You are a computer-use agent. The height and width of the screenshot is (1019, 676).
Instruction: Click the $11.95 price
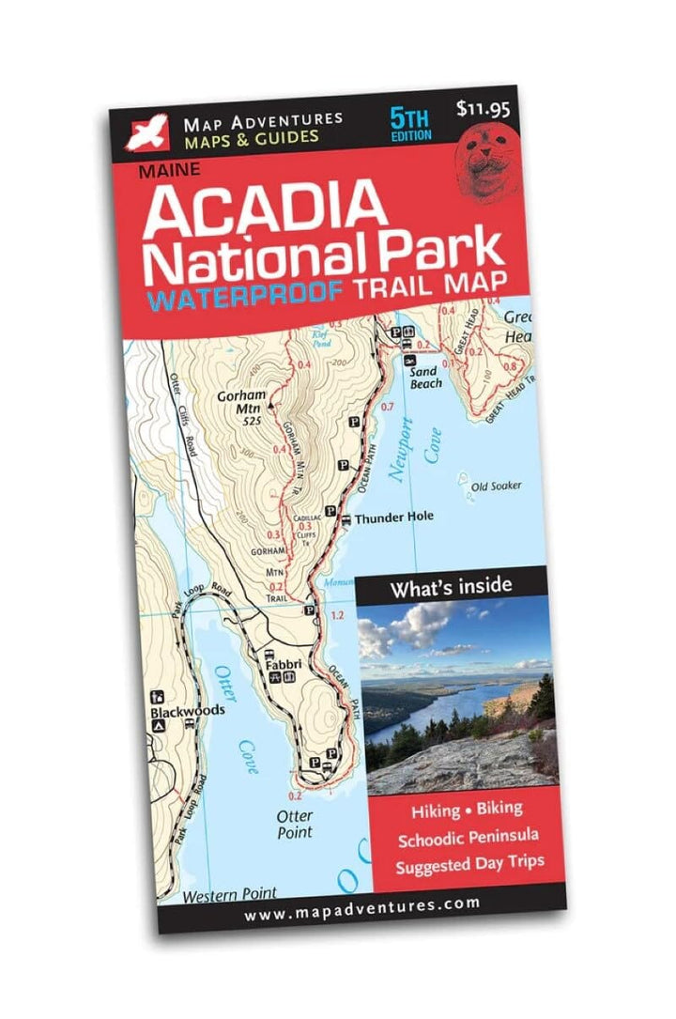(x=483, y=108)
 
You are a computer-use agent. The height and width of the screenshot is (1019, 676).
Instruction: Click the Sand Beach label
(x=425, y=377)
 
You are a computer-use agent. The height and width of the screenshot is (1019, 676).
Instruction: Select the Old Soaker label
(x=496, y=486)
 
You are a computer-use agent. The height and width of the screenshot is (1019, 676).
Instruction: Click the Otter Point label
(x=296, y=825)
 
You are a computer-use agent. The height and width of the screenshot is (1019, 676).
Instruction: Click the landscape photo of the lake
(x=457, y=695)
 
